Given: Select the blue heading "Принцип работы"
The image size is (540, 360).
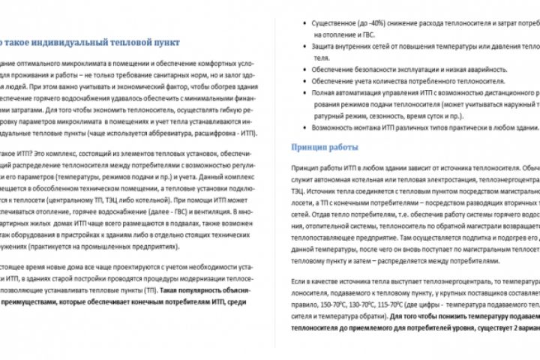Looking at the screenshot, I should (x=322, y=147).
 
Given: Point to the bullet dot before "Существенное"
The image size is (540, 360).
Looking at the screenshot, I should (x=306, y=22).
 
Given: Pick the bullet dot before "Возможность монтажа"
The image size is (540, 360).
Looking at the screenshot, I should (x=306, y=128).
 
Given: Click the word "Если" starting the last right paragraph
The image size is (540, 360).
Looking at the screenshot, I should (x=298, y=280).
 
